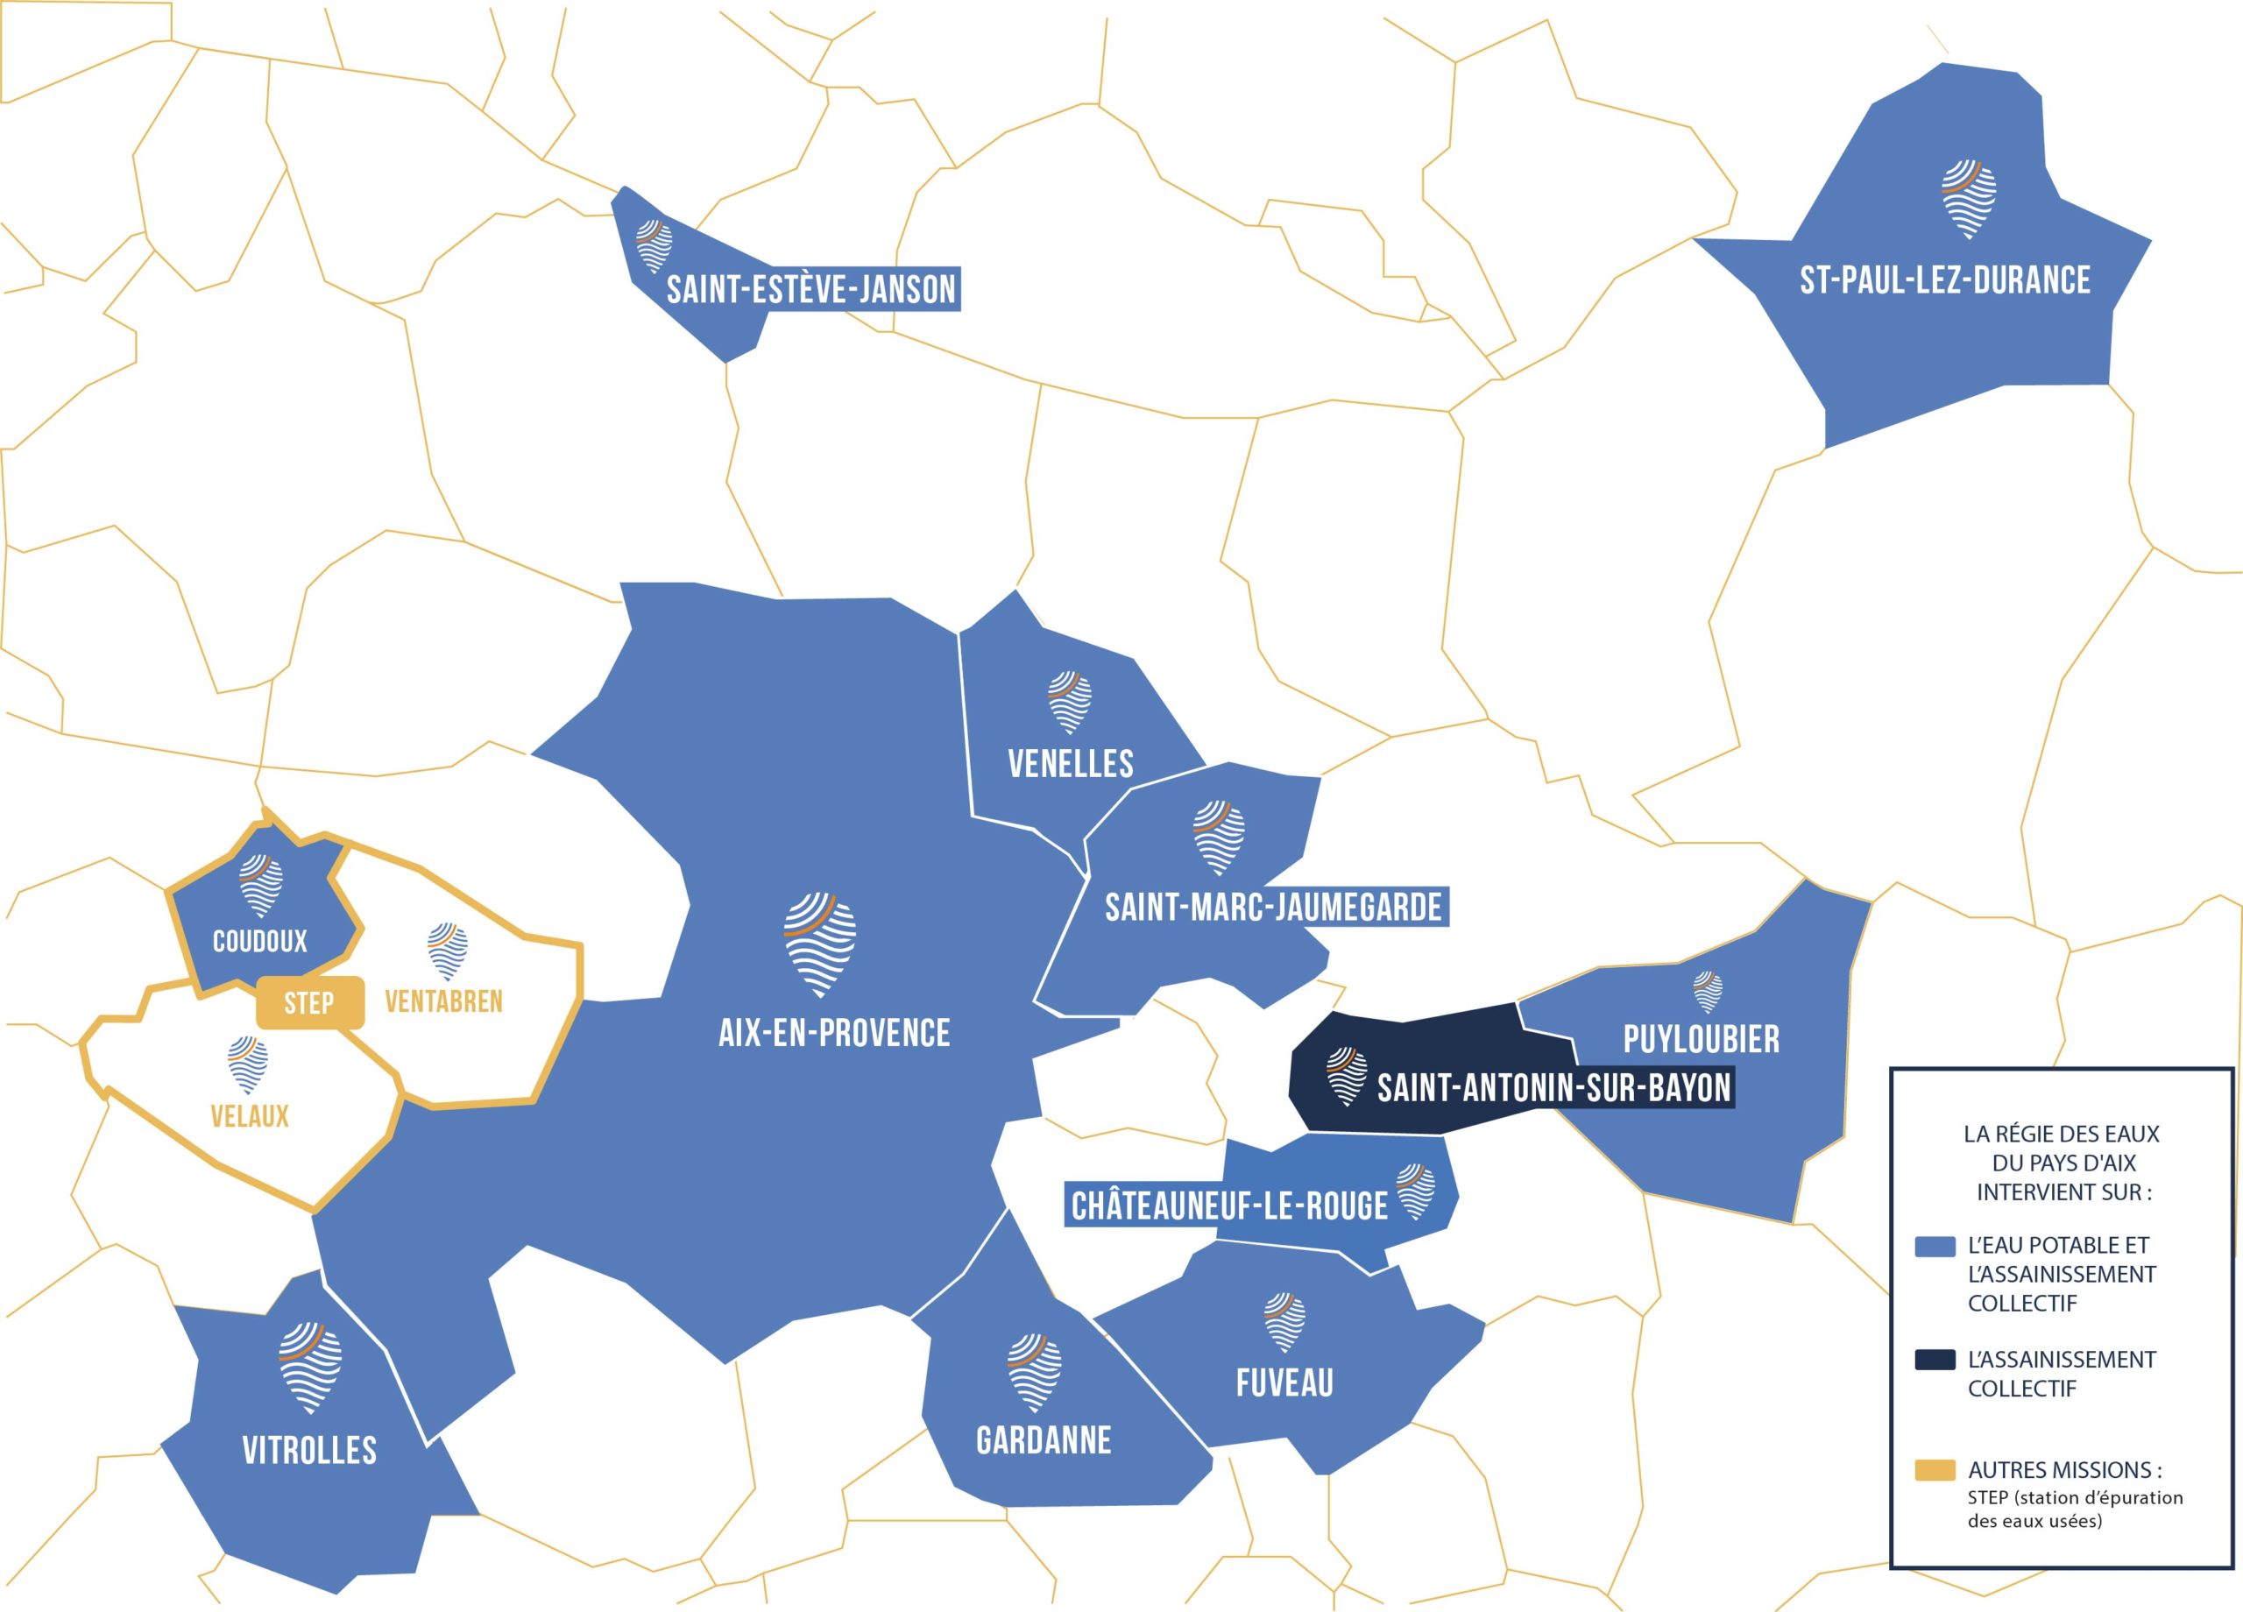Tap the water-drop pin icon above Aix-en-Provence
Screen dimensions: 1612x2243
(819, 945)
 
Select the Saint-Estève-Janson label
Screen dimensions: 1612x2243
(811, 290)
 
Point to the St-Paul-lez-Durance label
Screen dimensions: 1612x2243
(1944, 279)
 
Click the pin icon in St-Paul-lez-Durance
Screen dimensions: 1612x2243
(1968, 198)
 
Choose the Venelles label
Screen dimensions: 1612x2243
(1070, 763)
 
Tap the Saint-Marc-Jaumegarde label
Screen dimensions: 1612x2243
(1273, 907)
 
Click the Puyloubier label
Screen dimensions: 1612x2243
(1701, 1039)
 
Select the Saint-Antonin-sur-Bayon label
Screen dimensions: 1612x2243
(1553, 1089)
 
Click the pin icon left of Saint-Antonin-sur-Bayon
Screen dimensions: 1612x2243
(1346, 1076)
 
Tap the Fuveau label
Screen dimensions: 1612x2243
(1284, 1382)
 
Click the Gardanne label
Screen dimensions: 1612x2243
(1044, 1440)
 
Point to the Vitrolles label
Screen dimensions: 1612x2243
(309, 1451)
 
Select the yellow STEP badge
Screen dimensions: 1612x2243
(309, 1004)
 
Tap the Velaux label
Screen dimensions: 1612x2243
(249, 1116)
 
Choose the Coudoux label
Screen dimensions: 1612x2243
(259, 941)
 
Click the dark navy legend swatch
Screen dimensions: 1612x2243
(1935, 1361)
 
